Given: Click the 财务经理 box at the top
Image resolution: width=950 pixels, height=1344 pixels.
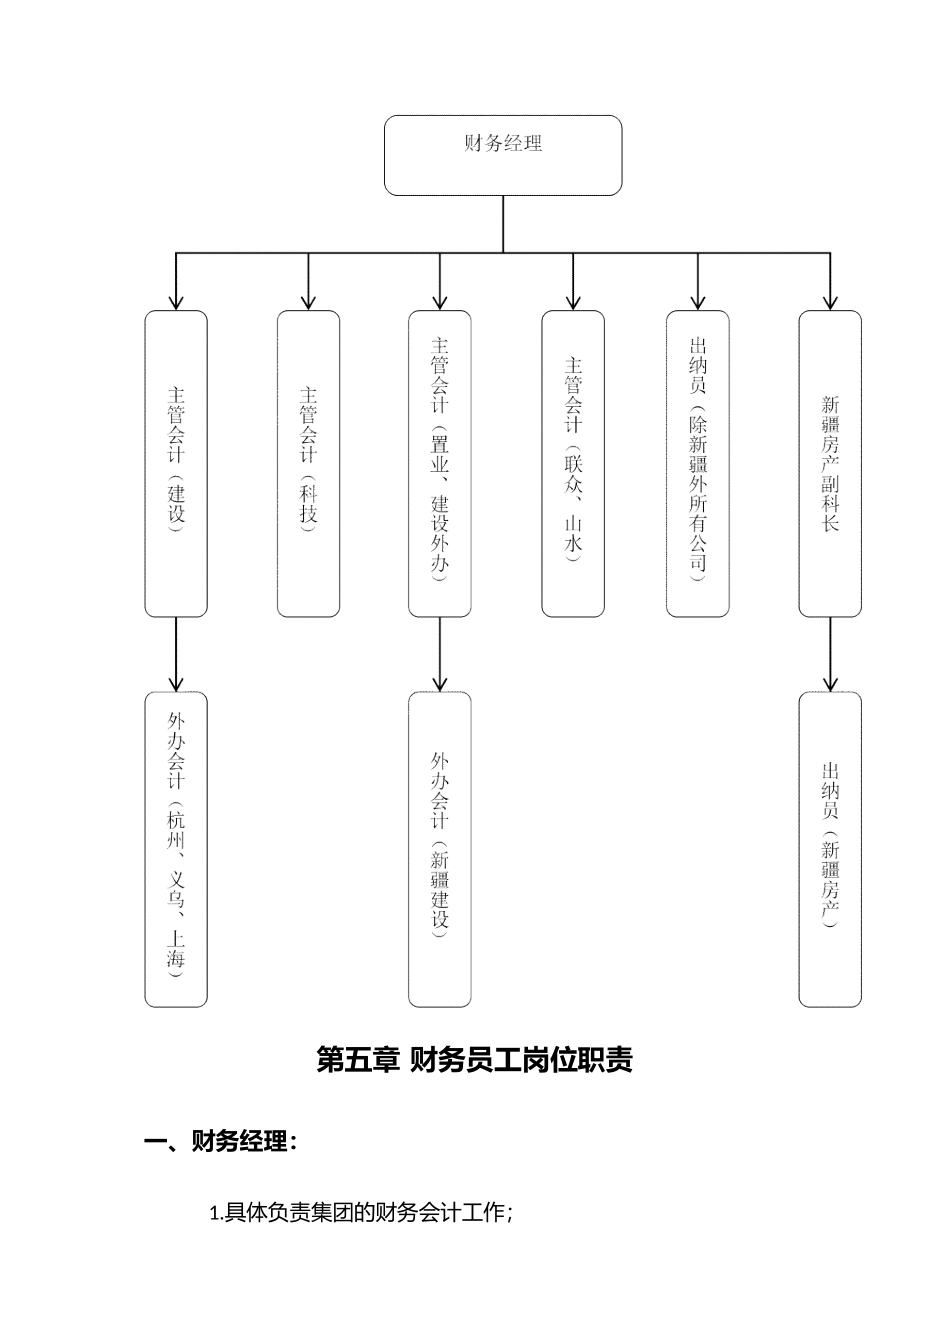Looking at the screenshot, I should tap(503, 154).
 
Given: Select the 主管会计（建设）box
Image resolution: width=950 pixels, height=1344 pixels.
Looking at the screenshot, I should tap(176, 463).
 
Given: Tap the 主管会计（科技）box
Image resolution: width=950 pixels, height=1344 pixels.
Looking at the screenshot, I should tap(308, 463).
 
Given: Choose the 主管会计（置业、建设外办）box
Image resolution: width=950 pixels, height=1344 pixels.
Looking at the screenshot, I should tap(439, 463).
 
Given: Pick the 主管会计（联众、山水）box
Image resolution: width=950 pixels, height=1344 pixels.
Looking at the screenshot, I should tap(573, 463).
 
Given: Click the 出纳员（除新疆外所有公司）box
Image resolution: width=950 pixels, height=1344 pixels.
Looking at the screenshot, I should tap(697, 463).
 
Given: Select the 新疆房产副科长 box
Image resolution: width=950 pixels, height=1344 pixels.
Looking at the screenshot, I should tap(830, 463).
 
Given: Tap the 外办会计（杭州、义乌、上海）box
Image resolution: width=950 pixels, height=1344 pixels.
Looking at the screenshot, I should tap(176, 848).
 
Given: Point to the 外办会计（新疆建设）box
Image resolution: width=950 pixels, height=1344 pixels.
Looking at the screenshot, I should tap(439, 848).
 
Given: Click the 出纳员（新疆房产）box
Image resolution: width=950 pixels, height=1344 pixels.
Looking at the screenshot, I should tap(830, 848).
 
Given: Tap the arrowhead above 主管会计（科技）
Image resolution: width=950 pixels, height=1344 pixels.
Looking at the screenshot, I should tap(308, 301).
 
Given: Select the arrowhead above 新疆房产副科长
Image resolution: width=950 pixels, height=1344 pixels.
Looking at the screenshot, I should tap(830, 301).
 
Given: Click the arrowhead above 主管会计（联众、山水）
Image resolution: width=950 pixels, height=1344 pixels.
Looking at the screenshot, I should tap(573, 301).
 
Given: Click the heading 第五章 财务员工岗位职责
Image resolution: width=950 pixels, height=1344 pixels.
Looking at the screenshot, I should tap(474, 1059).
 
